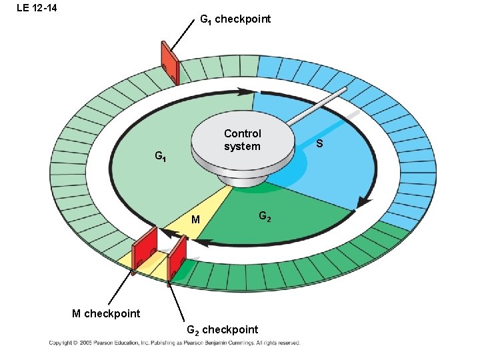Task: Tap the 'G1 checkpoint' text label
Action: point(235,19)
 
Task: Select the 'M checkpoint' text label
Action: point(106,313)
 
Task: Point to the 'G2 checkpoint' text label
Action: point(221,329)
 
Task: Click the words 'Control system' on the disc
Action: point(243,140)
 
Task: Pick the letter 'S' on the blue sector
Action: point(320,144)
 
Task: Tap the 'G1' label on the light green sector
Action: point(161,157)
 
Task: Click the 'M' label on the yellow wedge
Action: point(195,220)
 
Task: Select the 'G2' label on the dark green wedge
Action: point(264,217)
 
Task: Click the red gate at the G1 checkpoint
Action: point(169,64)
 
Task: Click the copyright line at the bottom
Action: point(174,343)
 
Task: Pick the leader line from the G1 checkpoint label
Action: point(181,33)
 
